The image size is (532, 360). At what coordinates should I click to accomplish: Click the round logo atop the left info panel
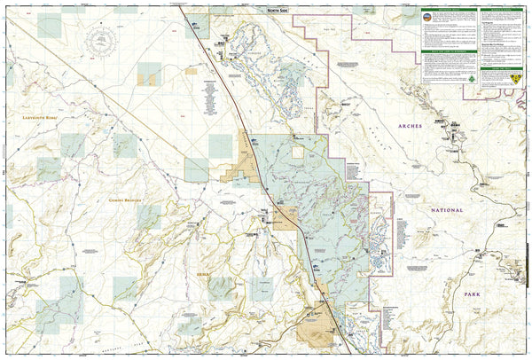point(431,17)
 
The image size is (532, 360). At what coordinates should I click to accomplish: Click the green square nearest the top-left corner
point(51,24)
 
